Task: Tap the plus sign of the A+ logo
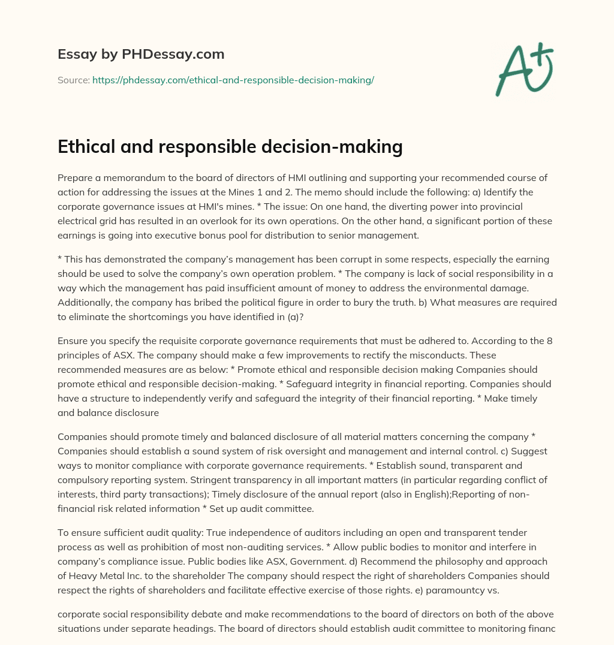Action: [543, 52]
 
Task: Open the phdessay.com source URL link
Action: [233, 80]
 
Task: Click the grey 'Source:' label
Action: [74, 80]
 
